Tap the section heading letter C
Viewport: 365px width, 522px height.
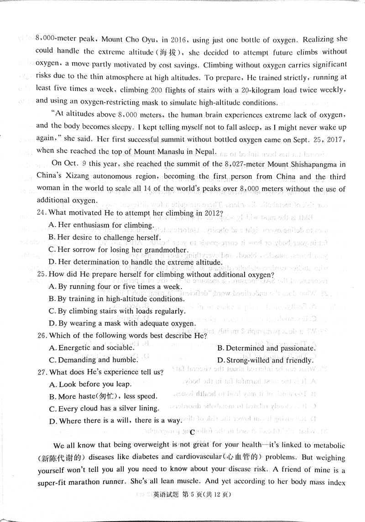click(192, 432)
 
